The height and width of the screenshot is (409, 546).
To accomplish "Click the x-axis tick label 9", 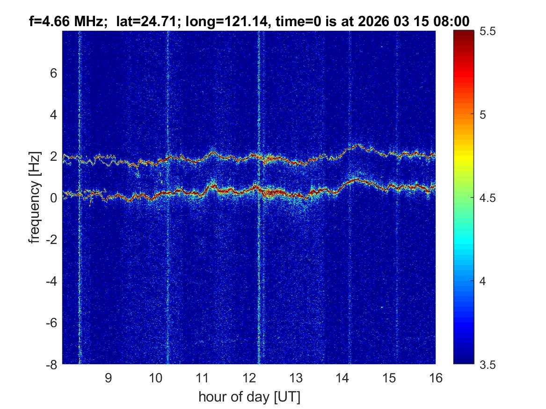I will [x=108, y=378].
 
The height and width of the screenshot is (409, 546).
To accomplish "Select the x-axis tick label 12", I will [x=249, y=378].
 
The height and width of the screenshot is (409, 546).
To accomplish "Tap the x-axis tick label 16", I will [x=436, y=378].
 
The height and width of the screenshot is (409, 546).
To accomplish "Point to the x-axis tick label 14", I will [x=342, y=378].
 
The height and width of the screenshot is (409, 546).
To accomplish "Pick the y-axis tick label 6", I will [x=53, y=73].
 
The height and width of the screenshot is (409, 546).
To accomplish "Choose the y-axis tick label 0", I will [x=53, y=198].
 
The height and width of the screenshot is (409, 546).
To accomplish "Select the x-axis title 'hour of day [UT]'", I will [x=249, y=397].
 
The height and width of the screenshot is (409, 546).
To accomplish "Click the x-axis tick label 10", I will [x=155, y=378].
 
